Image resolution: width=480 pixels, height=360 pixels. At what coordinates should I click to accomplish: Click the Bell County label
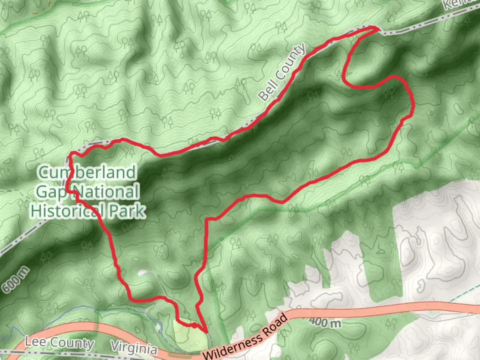(x=282, y=72)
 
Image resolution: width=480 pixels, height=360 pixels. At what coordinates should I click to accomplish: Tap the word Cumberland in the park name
(x=87, y=172)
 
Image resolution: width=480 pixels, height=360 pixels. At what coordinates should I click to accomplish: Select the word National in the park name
(x=105, y=192)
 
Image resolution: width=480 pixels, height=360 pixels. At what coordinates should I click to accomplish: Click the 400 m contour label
(x=325, y=322)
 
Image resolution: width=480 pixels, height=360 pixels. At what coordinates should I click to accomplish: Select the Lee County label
(x=60, y=342)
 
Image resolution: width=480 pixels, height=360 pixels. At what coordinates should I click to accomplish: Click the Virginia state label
(x=133, y=348)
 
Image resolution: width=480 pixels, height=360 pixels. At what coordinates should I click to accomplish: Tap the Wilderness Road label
(x=245, y=337)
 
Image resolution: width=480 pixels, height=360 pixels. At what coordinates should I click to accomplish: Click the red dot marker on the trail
(x=193, y=325)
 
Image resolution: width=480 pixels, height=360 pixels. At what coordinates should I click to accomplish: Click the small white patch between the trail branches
(x=142, y=273)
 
